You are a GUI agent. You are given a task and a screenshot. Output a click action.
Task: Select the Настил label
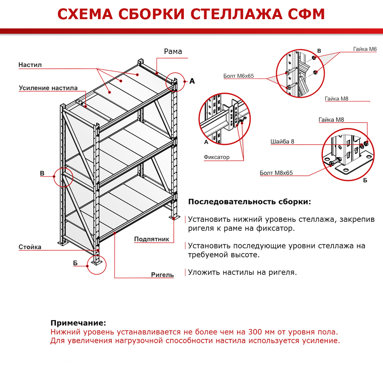(30, 65)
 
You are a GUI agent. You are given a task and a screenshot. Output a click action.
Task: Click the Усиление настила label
(48, 88)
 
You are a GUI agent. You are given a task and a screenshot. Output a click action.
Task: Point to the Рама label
(173, 51)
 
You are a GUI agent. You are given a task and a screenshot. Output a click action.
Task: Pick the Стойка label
(30, 247)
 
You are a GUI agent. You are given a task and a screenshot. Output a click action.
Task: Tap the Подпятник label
(152, 239)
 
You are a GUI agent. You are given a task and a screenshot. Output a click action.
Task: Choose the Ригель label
(162, 275)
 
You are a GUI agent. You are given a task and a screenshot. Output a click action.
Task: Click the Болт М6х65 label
(239, 76)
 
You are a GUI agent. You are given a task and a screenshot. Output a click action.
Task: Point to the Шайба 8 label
(282, 141)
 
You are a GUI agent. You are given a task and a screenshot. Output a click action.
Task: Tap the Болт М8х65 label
(276, 173)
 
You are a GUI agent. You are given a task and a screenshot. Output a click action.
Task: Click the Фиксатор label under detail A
(217, 157)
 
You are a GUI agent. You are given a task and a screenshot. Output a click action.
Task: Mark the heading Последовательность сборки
(250, 202)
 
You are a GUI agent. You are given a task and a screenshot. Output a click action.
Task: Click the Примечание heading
(78, 323)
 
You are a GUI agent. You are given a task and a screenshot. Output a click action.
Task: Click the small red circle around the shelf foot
(96, 265)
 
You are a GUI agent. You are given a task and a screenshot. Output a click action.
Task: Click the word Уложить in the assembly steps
(202, 272)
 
